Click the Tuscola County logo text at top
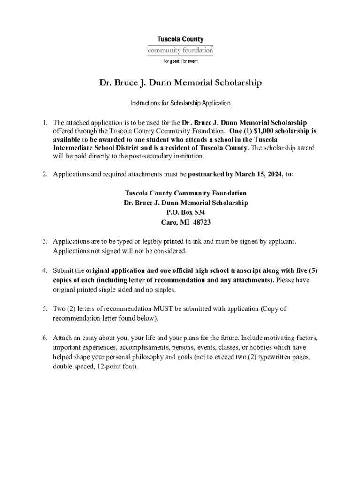click(180, 40)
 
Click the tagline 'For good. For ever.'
click(180, 61)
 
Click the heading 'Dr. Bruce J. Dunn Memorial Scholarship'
click(180, 83)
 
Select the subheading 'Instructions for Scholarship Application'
click(180, 103)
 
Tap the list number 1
click(45, 123)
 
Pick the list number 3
click(45, 241)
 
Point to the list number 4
click(45, 270)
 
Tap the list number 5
click(45, 309)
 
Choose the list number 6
click(45, 338)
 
